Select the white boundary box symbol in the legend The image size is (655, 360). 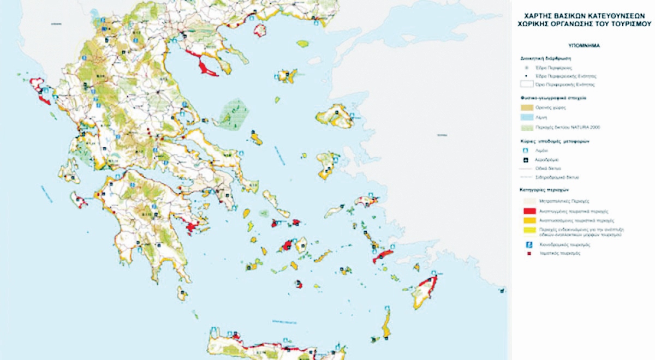(529, 85)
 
